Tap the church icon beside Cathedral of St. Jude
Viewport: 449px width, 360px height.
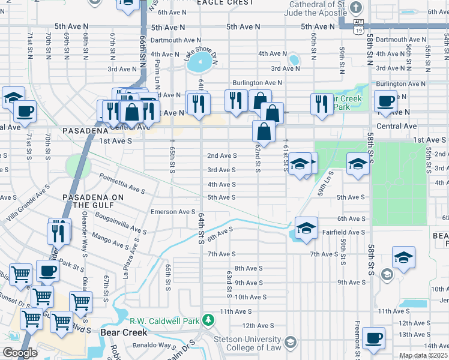tap(357, 8)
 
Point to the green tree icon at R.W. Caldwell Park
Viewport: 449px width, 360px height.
tap(208, 320)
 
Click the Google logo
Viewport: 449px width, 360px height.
tap(20, 353)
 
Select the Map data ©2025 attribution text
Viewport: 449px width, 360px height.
tap(424, 355)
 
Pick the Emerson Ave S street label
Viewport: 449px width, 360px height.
tap(173, 212)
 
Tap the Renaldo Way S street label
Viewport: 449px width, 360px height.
tap(151, 346)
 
